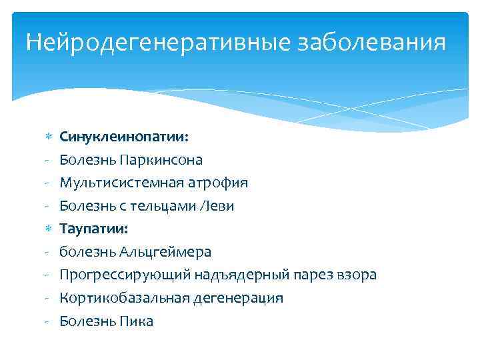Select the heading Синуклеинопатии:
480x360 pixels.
(x=124, y=137)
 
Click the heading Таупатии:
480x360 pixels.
(x=95, y=229)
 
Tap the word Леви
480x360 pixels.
(x=217, y=206)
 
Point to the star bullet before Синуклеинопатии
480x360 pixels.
(x=47, y=137)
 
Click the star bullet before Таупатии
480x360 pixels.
(x=47, y=229)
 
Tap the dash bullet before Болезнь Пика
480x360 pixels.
(x=47, y=321)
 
